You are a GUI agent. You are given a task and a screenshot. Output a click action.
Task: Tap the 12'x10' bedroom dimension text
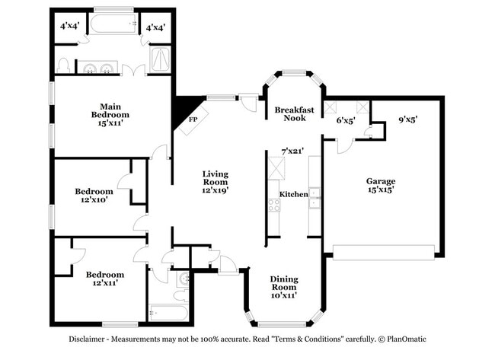[94, 201]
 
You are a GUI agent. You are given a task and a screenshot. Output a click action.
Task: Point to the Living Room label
[215, 182]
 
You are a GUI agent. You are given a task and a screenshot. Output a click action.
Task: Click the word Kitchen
[293, 195]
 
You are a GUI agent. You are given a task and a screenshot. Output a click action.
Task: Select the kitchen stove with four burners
[274, 205]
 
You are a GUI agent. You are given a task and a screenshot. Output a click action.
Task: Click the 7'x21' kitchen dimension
[292, 151]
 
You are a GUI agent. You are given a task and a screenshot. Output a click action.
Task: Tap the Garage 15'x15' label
[380, 186]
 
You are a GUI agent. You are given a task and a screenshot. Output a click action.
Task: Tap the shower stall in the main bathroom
[161, 59]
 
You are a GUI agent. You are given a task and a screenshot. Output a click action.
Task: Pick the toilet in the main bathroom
[64, 65]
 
